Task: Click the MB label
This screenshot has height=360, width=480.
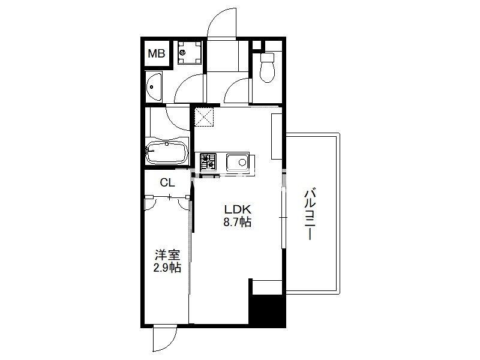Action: click(157, 53)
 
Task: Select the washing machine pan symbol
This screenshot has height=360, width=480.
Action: click(190, 53)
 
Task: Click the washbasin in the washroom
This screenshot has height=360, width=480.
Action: click(154, 87)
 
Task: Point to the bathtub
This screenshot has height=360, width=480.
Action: click(167, 152)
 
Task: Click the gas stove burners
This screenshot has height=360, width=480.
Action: click(208, 161)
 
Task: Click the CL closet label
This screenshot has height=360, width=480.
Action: click(167, 183)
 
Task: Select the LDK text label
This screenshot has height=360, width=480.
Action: click(238, 209)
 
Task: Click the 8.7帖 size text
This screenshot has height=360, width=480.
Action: click(238, 221)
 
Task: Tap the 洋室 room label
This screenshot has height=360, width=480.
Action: click(167, 254)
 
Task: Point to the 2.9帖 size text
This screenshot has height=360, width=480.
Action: click(167, 268)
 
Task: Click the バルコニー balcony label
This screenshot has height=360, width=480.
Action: click(310, 214)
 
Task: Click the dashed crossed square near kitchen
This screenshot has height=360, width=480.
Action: click(205, 117)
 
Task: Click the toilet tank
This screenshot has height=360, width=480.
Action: click(267, 57)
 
